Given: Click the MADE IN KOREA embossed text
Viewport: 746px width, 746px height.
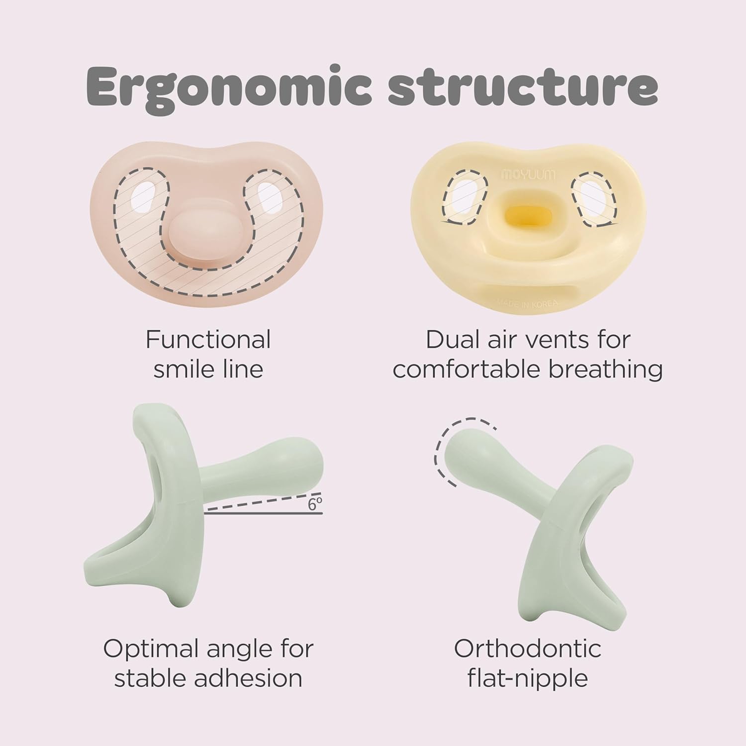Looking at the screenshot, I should pyautogui.click(x=528, y=303).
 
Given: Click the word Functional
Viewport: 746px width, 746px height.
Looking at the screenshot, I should pyautogui.click(x=208, y=340).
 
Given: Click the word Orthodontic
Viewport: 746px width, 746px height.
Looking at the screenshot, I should pyautogui.click(x=528, y=649).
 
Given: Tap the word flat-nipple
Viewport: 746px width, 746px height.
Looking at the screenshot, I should pyautogui.click(x=528, y=679).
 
